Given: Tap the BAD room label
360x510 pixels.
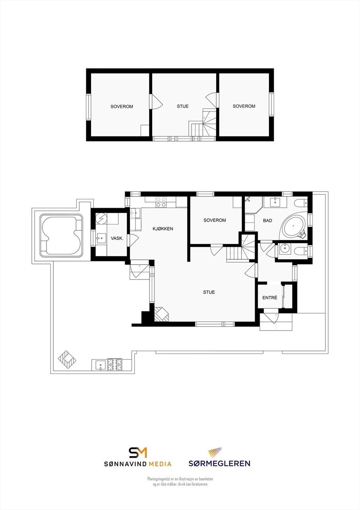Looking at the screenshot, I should click(x=268, y=220).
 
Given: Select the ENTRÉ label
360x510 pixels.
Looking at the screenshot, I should click(x=270, y=298).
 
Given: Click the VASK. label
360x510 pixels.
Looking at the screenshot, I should click(x=116, y=238).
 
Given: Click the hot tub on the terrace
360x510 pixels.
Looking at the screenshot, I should click(x=62, y=235).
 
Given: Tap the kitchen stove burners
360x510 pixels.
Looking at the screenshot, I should click(x=161, y=202).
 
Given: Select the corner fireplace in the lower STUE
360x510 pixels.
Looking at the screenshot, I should click(x=161, y=314).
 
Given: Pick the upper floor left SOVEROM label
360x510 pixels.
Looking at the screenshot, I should click(x=121, y=107).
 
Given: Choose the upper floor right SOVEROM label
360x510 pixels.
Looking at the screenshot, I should click(x=244, y=106).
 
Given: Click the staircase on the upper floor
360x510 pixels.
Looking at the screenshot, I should click(x=204, y=124).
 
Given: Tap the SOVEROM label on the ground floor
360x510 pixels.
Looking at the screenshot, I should click(x=215, y=220).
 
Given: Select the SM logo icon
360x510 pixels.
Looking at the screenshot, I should click(x=138, y=452).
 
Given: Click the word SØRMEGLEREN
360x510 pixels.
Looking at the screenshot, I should click(x=219, y=463).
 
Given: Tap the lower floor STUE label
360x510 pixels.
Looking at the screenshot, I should click(x=209, y=292).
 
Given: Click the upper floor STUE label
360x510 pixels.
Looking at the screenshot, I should click(x=183, y=106).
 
